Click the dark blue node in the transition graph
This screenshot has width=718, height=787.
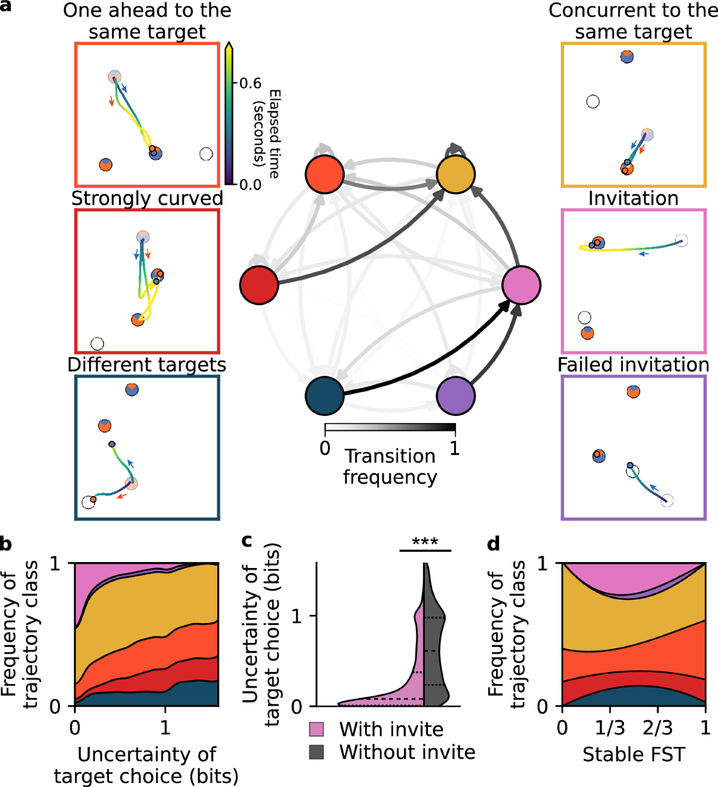tap(324, 396)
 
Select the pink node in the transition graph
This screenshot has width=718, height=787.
tap(521, 285)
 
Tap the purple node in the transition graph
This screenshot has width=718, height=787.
tap(455, 396)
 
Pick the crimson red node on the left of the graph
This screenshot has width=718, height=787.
tap(259, 285)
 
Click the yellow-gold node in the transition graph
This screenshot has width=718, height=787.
tap(455, 174)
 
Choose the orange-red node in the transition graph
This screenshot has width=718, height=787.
tap(324, 174)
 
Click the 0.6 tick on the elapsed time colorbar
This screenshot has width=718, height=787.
tap(250, 83)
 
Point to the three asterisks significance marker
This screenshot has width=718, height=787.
tap(425, 542)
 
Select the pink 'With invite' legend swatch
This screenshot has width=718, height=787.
tap(317, 729)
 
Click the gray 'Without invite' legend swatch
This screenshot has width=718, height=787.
tap(317, 752)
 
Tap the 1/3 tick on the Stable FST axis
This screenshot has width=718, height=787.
tap(610, 728)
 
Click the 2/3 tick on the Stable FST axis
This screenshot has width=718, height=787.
tap(658, 728)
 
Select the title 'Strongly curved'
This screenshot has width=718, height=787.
tap(147, 199)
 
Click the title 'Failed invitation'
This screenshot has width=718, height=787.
tap(633, 364)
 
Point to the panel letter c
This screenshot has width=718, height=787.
tap(247, 540)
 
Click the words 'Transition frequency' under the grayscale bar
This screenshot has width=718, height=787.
tap(390, 466)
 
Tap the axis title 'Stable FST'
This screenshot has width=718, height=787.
tap(633, 755)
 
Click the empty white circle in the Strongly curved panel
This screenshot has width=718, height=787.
tap(97, 344)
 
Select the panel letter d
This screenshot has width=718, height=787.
tap(494, 543)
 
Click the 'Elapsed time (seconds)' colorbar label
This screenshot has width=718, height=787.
tap(267, 133)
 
